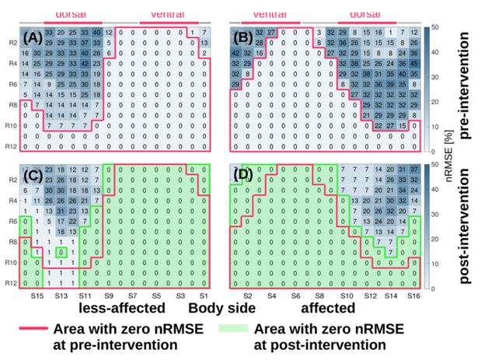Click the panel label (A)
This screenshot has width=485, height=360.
35,37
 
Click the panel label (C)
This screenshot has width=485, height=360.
35,173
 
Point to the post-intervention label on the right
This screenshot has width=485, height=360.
469,225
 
